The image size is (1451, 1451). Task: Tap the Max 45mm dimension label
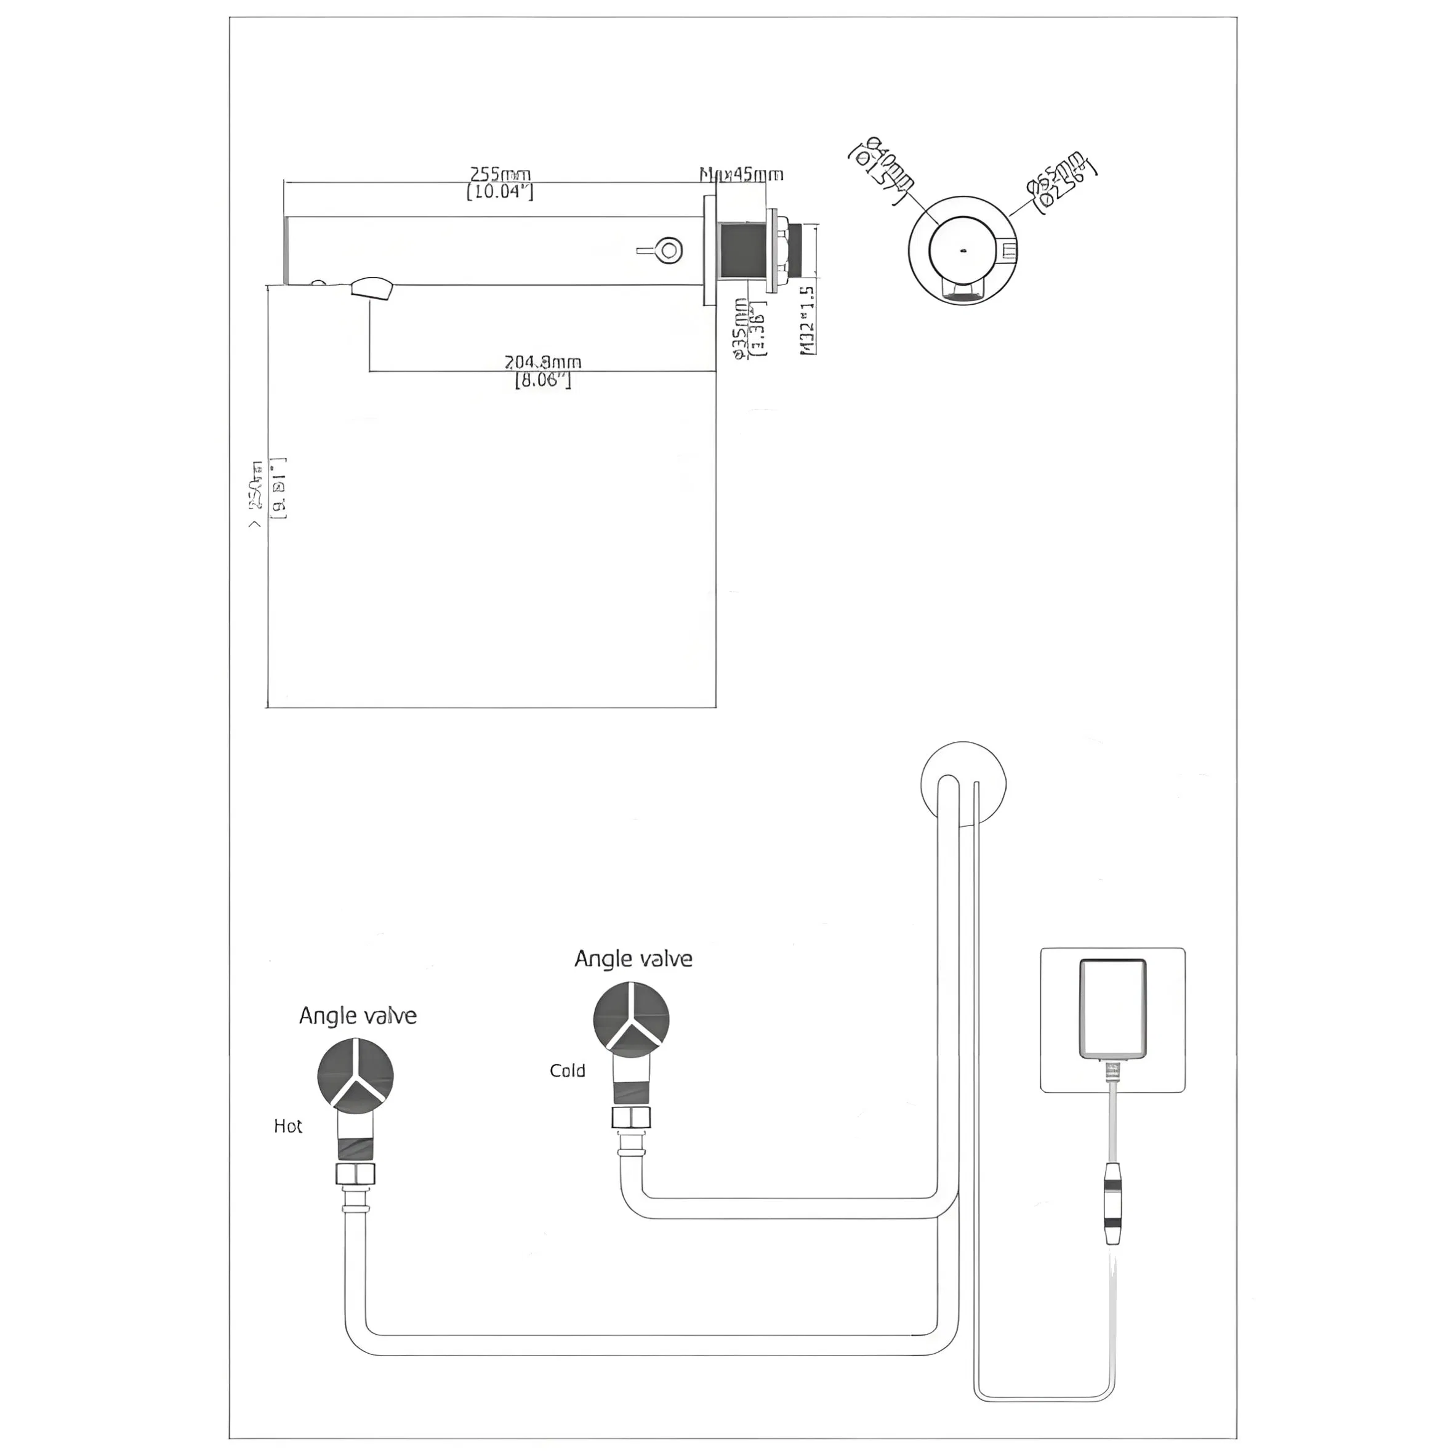pyautogui.click(x=742, y=175)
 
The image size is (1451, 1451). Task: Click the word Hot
pyautogui.click(x=287, y=1126)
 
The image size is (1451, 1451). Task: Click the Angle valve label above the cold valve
pyautogui.click(x=633, y=959)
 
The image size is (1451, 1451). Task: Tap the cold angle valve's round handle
pyautogui.click(x=631, y=1019)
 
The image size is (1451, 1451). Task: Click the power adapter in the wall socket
pyautogui.click(x=1112, y=1008)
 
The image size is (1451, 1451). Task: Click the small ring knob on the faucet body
pyautogui.click(x=667, y=249)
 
